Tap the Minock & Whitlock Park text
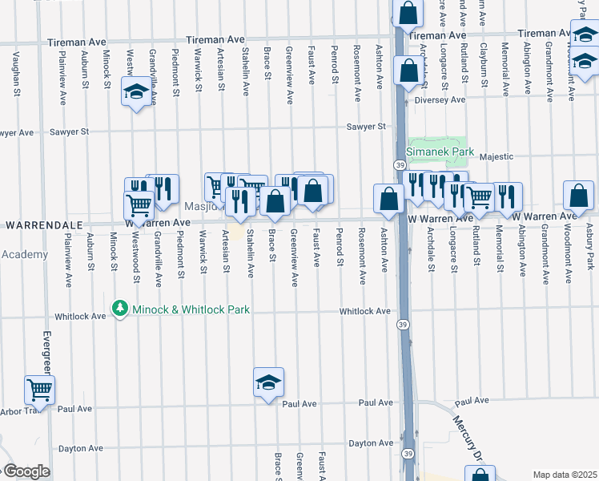point(191,309)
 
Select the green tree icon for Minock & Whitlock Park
point(120,309)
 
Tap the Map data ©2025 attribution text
point(565,475)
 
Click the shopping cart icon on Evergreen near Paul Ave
point(39,390)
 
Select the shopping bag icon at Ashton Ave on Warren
point(388,199)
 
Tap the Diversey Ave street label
point(440,100)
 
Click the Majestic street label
point(497,156)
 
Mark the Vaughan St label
point(16,74)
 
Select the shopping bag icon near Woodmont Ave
point(578,196)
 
